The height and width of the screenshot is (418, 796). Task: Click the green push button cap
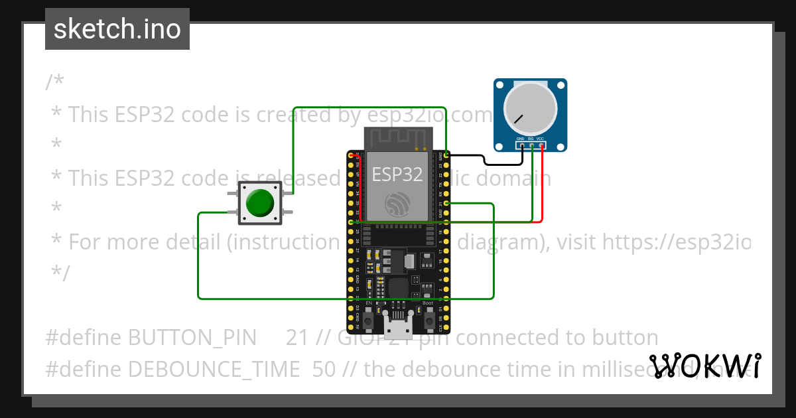(259, 203)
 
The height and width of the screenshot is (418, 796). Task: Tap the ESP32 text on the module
(397, 174)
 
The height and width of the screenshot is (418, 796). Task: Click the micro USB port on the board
(397, 326)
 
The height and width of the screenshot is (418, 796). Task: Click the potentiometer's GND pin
(522, 145)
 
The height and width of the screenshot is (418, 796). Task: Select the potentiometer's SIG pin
(532, 145)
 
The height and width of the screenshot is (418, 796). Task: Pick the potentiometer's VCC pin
(542, 145)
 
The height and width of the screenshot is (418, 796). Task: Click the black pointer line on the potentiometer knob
(517, 120)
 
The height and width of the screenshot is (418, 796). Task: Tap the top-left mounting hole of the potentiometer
(500, 85)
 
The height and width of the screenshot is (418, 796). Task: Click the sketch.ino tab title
(117, 29)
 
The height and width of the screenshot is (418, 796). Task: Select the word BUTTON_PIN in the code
(192, 338)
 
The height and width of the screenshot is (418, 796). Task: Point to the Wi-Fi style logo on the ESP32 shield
(397, 204)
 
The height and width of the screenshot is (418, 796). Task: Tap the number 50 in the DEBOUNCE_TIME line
(324, 369)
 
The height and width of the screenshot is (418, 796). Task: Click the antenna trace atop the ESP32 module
(397, 139)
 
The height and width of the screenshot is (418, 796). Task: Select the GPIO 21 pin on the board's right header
(446, 203)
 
